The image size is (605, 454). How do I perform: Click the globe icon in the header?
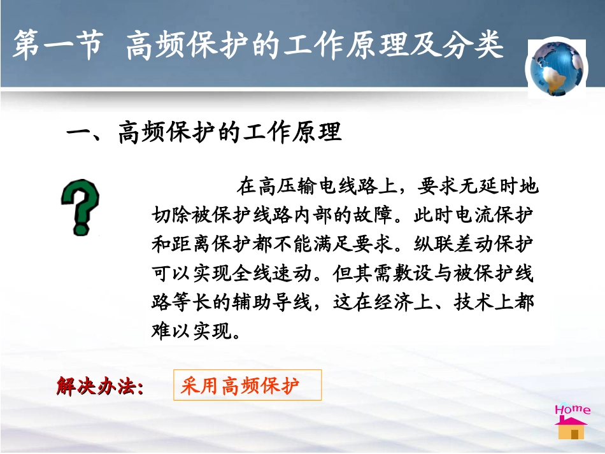tap(557, 68)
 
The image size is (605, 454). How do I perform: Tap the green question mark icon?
tap(80, 208)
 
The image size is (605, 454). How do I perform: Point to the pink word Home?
tap(572, 409)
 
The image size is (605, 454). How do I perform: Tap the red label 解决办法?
tap(100, 387)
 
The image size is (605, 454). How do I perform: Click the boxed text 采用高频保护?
tap(240, 386)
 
